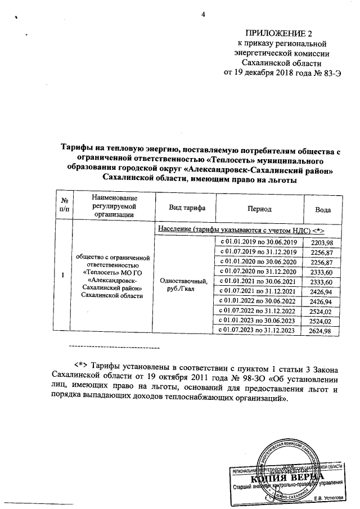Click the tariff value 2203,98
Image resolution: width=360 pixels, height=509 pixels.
coord(318,242)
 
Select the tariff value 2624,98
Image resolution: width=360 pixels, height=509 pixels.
coord(318,331)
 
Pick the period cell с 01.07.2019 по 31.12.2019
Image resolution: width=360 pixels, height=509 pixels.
coord(258,252)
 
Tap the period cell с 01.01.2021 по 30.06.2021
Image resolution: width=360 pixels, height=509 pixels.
coord(258,281)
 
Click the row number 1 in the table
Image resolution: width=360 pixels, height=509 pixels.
coord(63,274)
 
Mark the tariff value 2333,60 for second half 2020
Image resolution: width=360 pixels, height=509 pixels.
coord(318,272)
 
